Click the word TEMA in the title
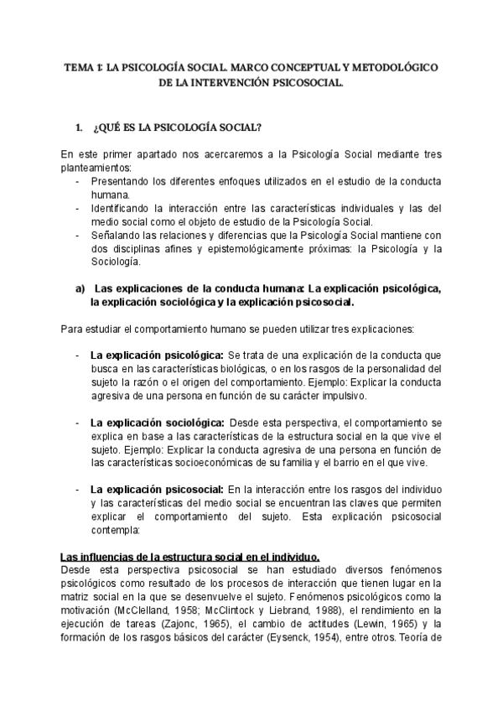point(79,68)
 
